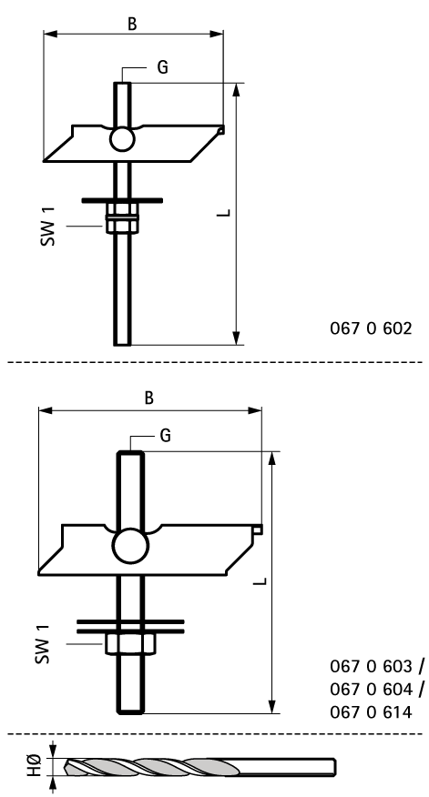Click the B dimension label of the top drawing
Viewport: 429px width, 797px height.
132,24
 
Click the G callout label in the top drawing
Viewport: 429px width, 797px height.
162,67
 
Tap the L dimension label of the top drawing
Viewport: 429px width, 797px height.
223,213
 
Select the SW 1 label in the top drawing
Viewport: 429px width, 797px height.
47,227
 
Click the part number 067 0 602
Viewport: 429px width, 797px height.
371,328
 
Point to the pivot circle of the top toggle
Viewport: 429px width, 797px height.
122,138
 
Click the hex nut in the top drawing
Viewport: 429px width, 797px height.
122,218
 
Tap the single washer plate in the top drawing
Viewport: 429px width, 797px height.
122,201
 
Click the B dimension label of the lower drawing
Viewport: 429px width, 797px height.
148,398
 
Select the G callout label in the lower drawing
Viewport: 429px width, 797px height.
165,435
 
